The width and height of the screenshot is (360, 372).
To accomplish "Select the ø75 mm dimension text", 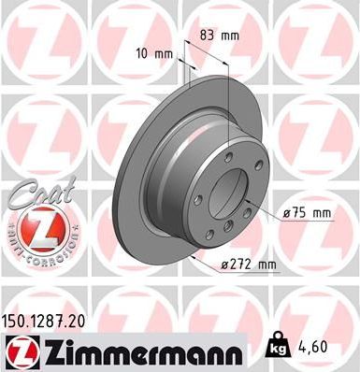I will pyautogui.click(x=307, y=214).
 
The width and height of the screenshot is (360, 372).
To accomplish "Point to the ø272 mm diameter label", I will pyautogui.click(x=247, y=265).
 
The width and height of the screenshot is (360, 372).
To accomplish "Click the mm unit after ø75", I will pyautogui.click(x=321, y=214).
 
